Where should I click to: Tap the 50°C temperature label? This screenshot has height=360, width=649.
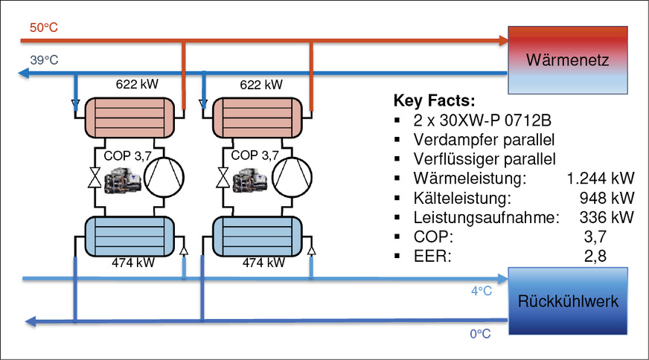43,28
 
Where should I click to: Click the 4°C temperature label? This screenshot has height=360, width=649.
480,292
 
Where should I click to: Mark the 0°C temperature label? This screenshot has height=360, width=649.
480,334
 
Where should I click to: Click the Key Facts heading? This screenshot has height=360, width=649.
433,101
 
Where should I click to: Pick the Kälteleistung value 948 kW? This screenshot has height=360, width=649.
607,199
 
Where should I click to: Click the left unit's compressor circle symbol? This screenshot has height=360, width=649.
163,179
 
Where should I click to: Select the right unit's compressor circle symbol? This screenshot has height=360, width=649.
290,179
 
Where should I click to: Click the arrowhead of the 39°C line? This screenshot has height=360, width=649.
24,74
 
